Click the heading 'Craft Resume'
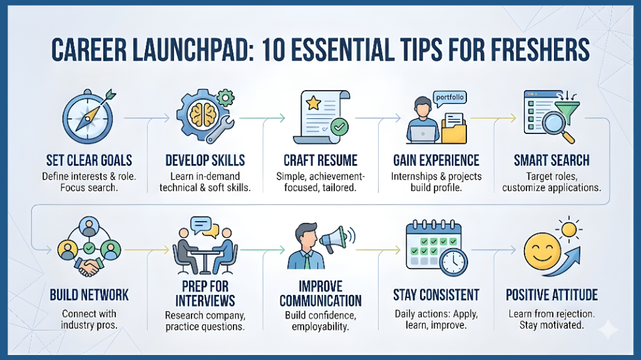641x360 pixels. (320, 160)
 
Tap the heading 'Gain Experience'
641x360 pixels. (436, 160)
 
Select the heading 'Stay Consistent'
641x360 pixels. (436, 294)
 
